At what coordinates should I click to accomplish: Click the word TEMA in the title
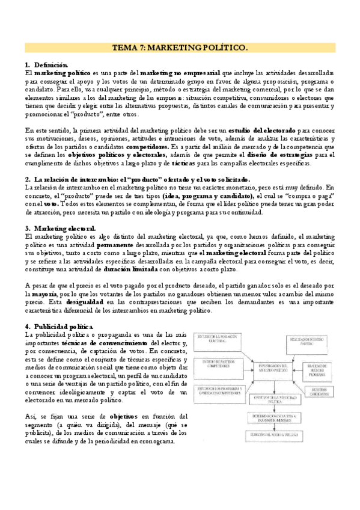(x=126, y=46)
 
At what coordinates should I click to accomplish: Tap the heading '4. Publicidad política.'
(x=56, y=325)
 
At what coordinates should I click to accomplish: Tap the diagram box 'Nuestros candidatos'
(x=320, y=407)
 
